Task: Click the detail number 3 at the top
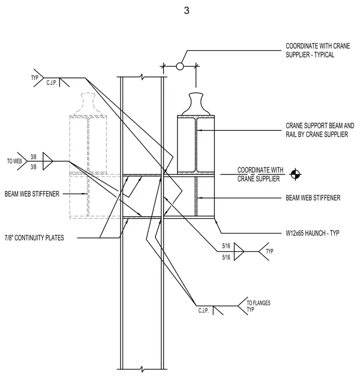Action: [187, 10]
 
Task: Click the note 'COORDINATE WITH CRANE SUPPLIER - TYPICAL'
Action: [318, 50]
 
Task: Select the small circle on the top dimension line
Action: [180, 66]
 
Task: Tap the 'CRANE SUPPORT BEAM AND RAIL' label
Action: [319, 130]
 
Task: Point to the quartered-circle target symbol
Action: [295, 174]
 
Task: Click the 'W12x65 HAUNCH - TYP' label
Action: [312, 233]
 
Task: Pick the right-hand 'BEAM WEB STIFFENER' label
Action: [313, 198]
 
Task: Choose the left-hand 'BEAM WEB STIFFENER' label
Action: [32, 194]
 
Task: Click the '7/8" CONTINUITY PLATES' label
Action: [34, 238]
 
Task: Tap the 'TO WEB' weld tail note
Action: [14, 161]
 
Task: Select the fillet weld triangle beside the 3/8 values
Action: [48, 161]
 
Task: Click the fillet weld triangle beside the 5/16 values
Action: [239, 251]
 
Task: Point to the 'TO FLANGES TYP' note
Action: [258, 306]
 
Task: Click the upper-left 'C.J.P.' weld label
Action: [52, 83]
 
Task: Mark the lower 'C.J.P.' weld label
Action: [204, 310]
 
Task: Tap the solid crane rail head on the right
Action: [196, 104]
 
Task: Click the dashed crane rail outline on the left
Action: [88, 104]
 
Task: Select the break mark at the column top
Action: [142, 76]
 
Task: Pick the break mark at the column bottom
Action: [142, 369]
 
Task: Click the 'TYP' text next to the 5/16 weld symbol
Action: [270, 251]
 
